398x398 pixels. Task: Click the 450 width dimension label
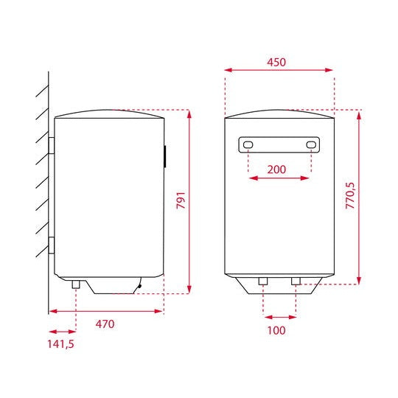point(276,62)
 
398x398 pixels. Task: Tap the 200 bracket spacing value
point(276,170)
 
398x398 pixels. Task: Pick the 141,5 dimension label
point(60,343)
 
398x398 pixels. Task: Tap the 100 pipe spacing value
point(276,329)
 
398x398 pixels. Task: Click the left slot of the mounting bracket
point(248,144)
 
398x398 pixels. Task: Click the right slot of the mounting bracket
point(312,144)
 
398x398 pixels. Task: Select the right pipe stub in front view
point(296,282)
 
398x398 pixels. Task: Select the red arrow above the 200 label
point(279,178)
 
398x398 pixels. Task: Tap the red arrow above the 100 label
point(279,318)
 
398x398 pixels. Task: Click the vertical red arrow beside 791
point(190,201)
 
